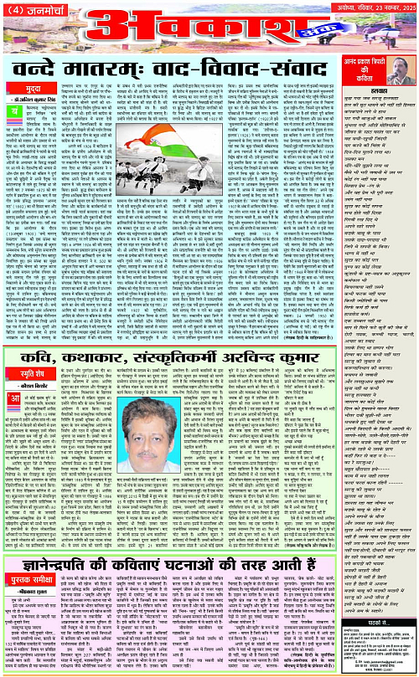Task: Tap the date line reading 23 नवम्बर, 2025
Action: pos(385,8)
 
